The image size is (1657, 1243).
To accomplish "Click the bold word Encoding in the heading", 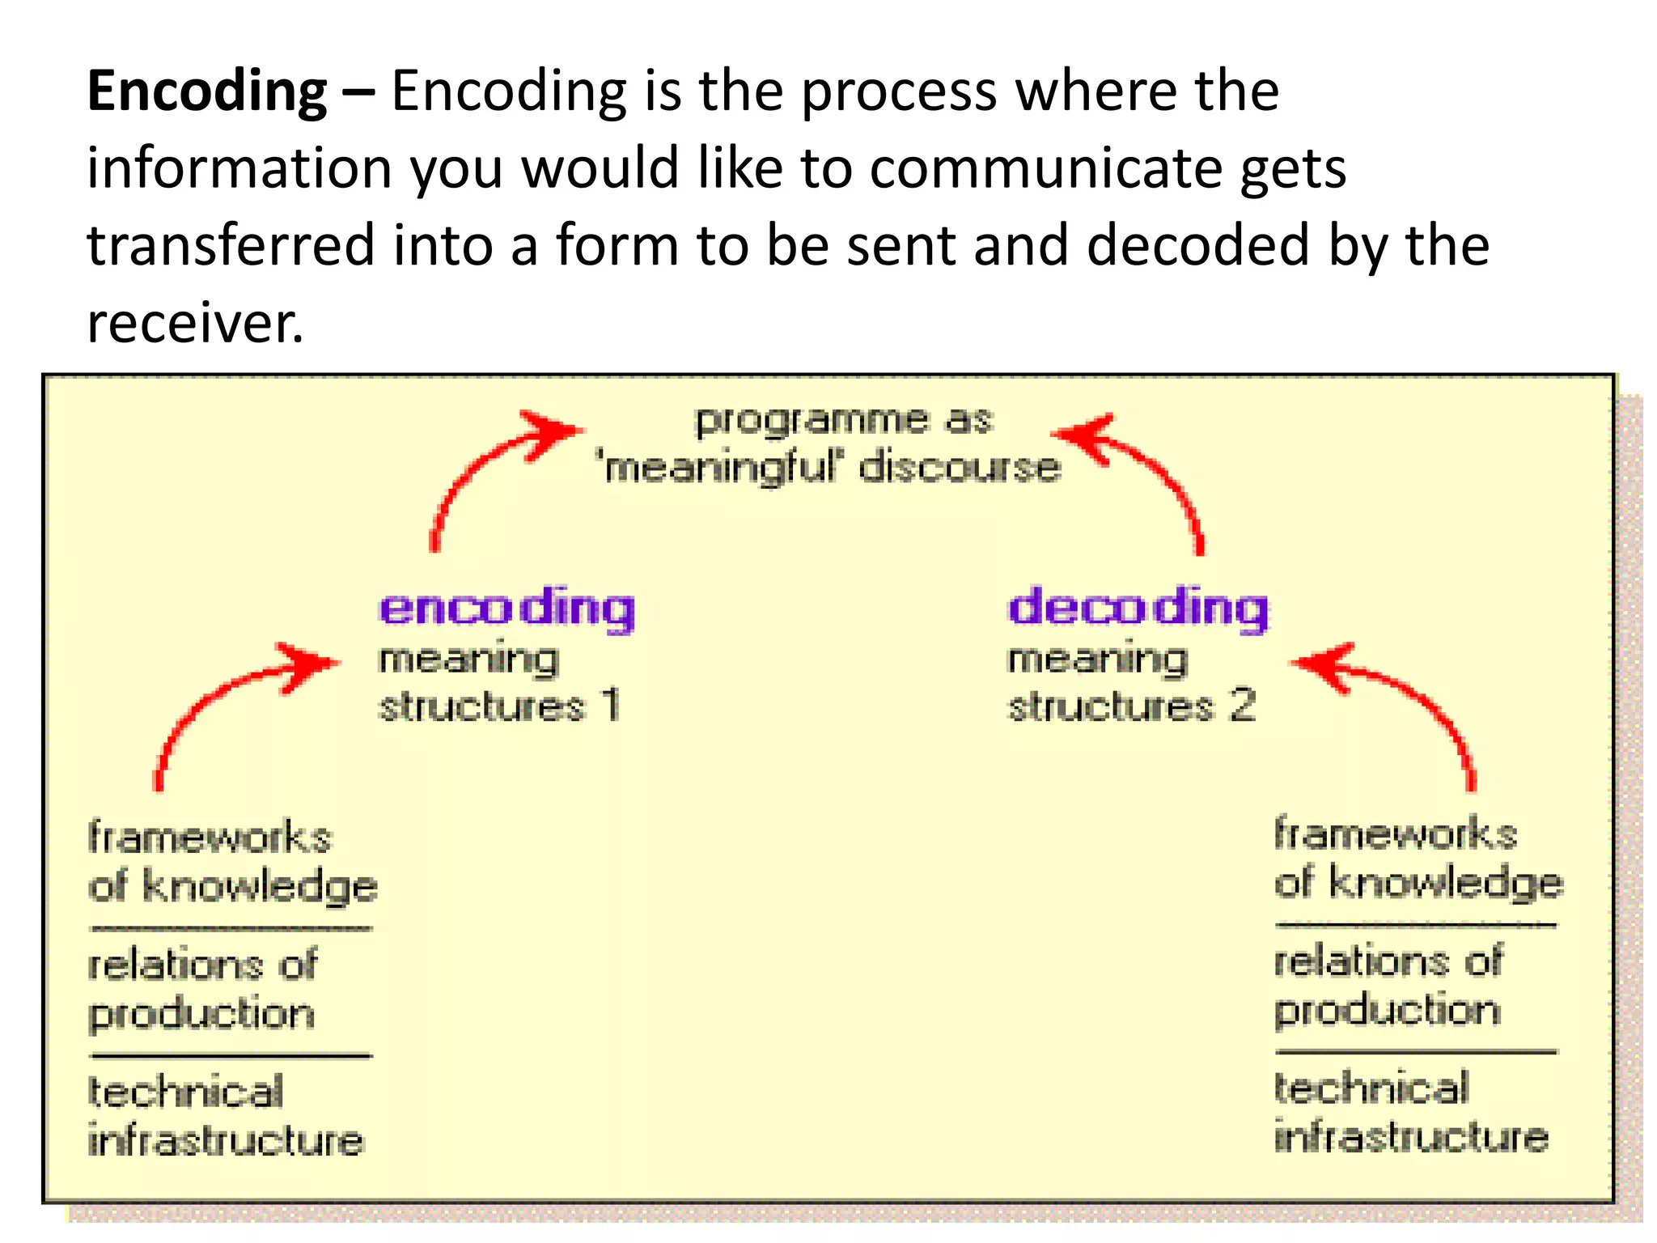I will coord(206,91).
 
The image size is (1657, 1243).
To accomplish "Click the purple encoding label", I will coord(507,609).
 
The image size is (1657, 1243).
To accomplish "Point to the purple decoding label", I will coord(1138,609).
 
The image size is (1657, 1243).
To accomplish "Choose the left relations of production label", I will coord(202,989).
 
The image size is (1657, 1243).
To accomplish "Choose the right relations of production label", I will coord(1388,986).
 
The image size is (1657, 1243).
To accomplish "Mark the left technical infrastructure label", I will coord(225,1117).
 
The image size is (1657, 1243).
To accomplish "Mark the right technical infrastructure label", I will coord(1410,1113).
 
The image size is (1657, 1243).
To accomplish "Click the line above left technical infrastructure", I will coord(231,1055).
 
